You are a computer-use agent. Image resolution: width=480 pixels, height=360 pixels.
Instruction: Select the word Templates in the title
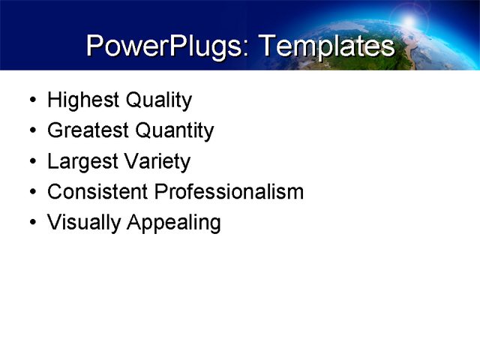click(325, 47)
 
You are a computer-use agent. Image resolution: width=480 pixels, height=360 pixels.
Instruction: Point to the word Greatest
click(86, 131)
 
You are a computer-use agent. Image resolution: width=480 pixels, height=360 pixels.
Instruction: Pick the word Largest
click(79, 162)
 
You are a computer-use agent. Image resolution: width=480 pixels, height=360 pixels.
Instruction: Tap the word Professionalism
click(229, 192)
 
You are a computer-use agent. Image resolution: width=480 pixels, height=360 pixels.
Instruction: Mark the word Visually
click(83, 223)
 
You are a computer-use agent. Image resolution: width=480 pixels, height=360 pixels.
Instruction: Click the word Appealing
click(173, 223)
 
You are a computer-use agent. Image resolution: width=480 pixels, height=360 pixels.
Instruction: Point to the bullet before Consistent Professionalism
click(30, 193)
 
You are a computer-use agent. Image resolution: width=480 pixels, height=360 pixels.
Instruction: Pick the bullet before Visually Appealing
click(30, 223)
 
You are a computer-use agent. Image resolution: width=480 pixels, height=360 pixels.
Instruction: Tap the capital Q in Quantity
click(142, 131)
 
